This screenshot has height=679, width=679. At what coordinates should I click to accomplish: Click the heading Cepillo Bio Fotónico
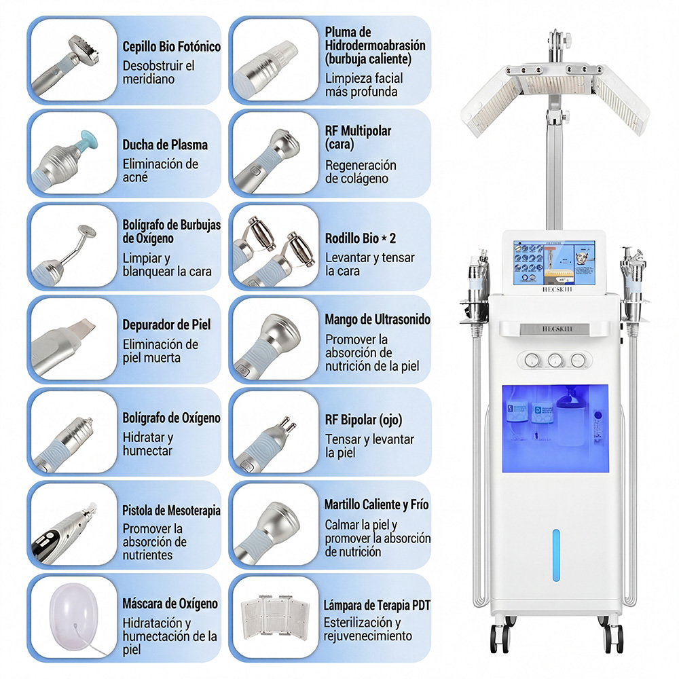point(172,46)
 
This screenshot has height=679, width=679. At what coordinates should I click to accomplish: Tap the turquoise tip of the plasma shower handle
point(88,141)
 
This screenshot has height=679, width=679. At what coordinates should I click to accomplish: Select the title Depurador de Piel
point(166,325)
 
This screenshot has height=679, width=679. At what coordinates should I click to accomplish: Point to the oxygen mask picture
point(73,617)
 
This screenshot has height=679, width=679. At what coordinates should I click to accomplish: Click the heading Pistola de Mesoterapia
point(172,510)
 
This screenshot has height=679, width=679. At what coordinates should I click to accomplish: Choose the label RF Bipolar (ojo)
point(364,420)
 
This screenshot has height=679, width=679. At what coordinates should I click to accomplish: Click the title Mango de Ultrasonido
point(378,319)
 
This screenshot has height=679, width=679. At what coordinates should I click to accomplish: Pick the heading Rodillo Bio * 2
point(361,238)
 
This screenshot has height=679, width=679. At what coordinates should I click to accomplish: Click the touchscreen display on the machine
point(554,263)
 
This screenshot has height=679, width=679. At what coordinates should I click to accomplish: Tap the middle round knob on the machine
point(555,360)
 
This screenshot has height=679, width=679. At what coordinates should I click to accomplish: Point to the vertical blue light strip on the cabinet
point(556,555)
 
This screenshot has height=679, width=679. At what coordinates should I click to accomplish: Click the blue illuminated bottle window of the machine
point(555,428)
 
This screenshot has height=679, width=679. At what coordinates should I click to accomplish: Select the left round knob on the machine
point(532,360)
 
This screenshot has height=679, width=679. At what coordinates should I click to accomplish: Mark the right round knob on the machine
point(578,360)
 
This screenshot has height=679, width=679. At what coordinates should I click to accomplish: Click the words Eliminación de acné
point(160,170)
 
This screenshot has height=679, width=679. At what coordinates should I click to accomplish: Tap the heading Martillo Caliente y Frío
point(376,504)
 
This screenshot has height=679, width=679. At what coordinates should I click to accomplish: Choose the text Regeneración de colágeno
point(361,172)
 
